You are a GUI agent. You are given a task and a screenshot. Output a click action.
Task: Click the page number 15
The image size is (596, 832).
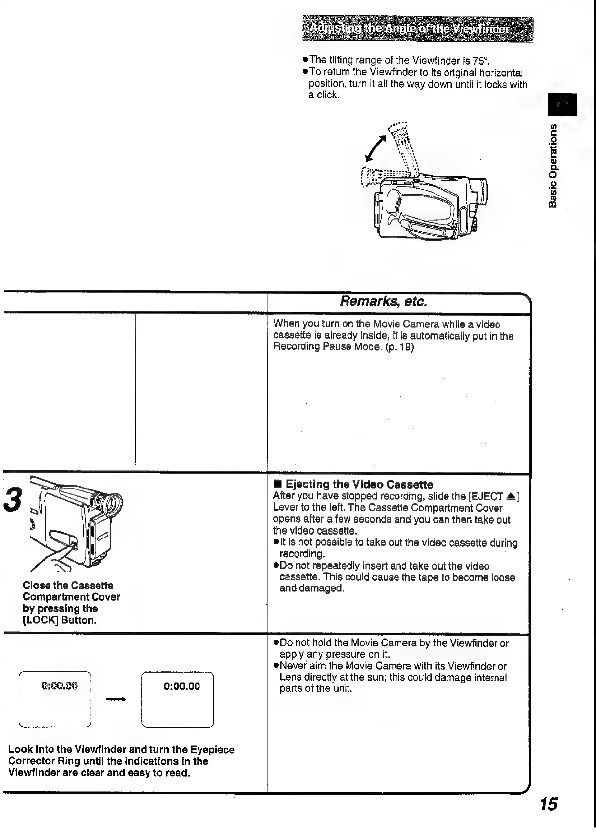(x=548, y=803)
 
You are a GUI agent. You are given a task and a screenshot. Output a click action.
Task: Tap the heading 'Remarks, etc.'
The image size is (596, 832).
(x=384, y=301)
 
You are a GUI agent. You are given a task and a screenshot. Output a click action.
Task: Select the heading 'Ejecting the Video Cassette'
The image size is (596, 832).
(x=359, y=484)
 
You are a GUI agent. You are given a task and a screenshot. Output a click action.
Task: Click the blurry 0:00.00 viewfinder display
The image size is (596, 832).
(x=55, y=699)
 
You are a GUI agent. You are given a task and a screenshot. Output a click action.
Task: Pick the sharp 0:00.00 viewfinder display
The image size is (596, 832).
(x=177, y=699)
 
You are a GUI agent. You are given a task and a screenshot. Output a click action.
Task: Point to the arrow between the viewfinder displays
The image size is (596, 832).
(x=116, y=699)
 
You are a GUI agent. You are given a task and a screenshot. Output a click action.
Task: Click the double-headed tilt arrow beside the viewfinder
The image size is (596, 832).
(x=376, y=148)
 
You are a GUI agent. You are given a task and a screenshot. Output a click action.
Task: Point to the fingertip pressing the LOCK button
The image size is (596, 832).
(x=74, y=545)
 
